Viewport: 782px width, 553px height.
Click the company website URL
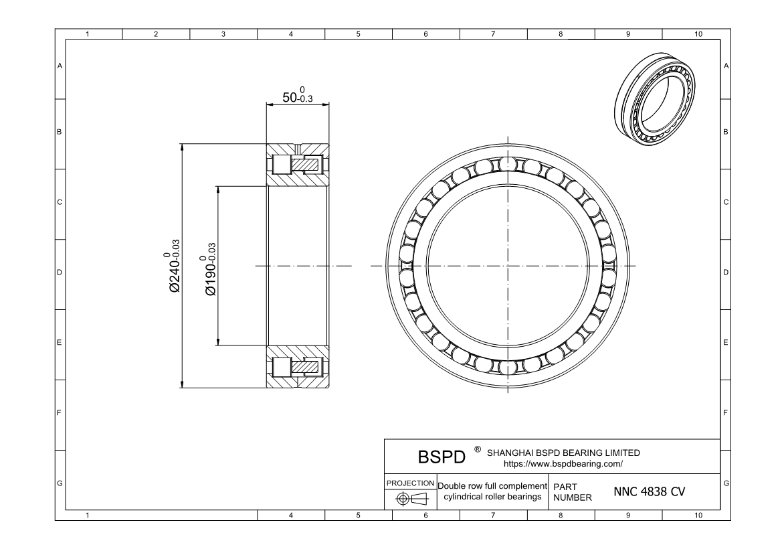[x=563, y=463]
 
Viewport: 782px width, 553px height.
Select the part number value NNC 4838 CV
[x=649, y=492]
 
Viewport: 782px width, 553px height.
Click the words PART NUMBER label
[x=573, y=493]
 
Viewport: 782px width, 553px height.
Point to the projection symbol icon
[x=411, y=499]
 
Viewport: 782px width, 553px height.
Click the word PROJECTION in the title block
[x=411, y=483]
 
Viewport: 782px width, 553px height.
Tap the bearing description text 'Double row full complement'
[x=492, y=485]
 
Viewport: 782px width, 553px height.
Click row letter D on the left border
[x=60, y=273]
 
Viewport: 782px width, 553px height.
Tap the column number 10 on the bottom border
[x=698, y=515]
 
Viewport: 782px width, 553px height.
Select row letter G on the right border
[x=726, y=483]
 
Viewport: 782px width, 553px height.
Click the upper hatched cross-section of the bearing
[x=298, y=165]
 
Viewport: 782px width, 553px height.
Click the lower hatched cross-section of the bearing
[x=298, y=367]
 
